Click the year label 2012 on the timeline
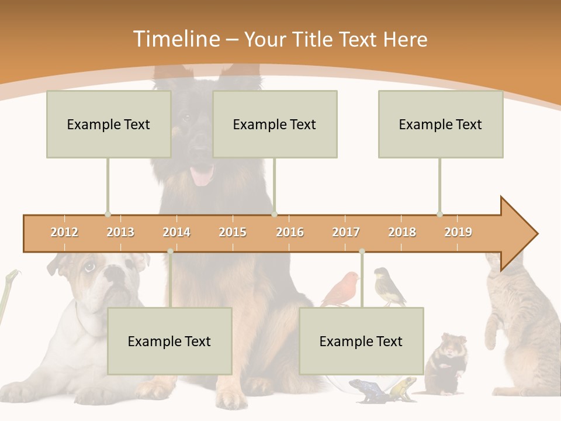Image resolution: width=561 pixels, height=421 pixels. (64, 232)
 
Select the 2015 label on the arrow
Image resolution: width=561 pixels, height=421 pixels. (233, 232)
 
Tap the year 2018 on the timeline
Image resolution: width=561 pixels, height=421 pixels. (402, 232)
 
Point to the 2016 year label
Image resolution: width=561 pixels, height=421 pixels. (290, 232)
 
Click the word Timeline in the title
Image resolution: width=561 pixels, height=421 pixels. (176, 39)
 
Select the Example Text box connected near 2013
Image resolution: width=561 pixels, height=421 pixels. (109, 124)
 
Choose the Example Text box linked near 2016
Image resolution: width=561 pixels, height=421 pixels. (275, 124)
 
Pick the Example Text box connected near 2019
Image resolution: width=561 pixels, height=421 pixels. (441, 124)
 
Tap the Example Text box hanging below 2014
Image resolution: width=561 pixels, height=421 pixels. (169, 341)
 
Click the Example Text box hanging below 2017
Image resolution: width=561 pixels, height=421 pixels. (361, 341)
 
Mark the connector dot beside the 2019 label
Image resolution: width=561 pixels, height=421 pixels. (439, 214)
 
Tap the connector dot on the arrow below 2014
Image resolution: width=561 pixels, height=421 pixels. (170, 251)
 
